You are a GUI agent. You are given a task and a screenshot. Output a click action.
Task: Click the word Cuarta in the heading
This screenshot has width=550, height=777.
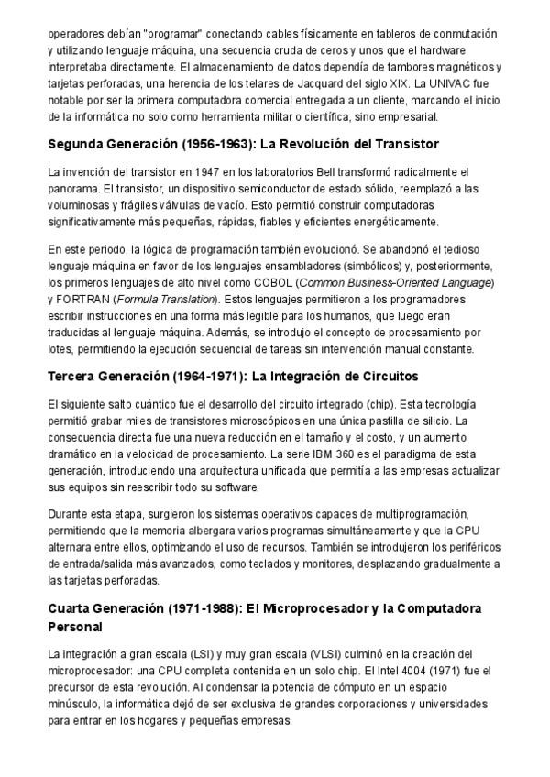(71, 609)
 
